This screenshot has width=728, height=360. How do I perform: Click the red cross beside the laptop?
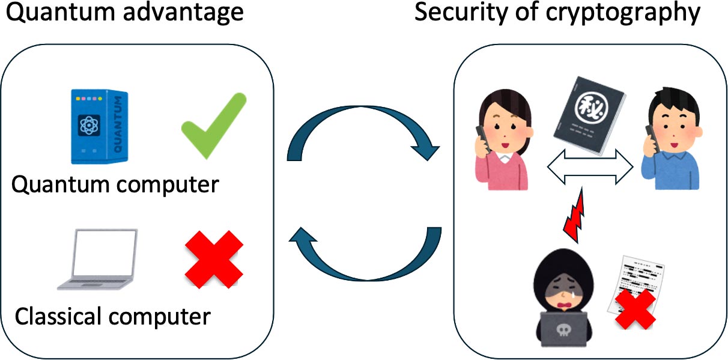(x=214, y=260)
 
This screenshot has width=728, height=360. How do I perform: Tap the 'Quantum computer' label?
(x=115, y=185)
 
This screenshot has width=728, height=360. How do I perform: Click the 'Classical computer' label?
(x=113, y=315)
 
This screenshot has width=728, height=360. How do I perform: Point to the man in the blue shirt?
(x=670, y=142)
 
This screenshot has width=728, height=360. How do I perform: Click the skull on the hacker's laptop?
(x=562, y=332)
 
